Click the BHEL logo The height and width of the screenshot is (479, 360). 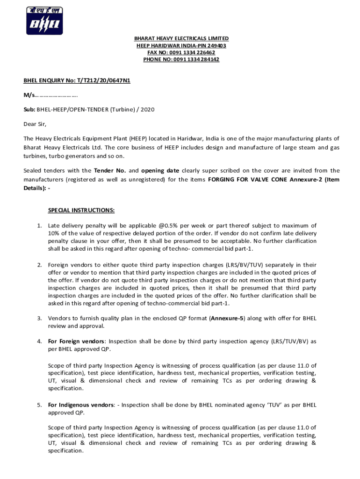(44, 21)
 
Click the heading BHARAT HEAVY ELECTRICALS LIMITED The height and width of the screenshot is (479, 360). (181, 38)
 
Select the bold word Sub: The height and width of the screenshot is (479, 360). (29, 109)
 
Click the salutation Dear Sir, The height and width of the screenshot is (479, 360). (36, 124)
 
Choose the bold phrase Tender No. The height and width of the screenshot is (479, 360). (107, 171)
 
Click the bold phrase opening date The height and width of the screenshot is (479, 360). (160, 171)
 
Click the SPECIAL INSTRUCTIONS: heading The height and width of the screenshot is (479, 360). (81, 210)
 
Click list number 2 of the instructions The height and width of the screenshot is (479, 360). (39, 265)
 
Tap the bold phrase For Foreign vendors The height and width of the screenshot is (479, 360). (77, 341)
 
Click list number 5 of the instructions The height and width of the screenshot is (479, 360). (39, 405)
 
